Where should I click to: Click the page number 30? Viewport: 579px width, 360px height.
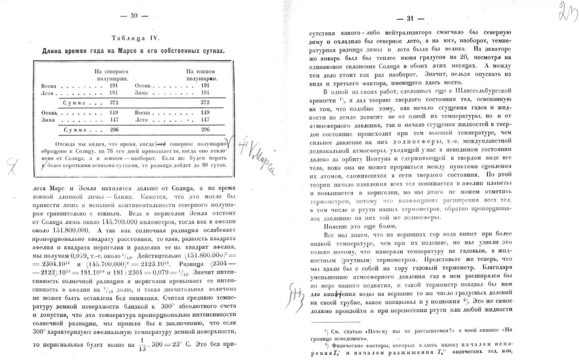tap(134, 16)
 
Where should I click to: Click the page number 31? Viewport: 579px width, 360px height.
tap(410, 18)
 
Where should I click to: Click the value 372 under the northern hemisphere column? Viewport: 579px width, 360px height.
tap(114, 103)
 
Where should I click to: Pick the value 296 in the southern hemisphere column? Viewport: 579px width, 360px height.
tap(205, 129)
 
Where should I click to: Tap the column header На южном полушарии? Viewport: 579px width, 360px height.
tap(201, 75)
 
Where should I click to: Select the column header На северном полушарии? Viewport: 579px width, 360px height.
tap(112, 75)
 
